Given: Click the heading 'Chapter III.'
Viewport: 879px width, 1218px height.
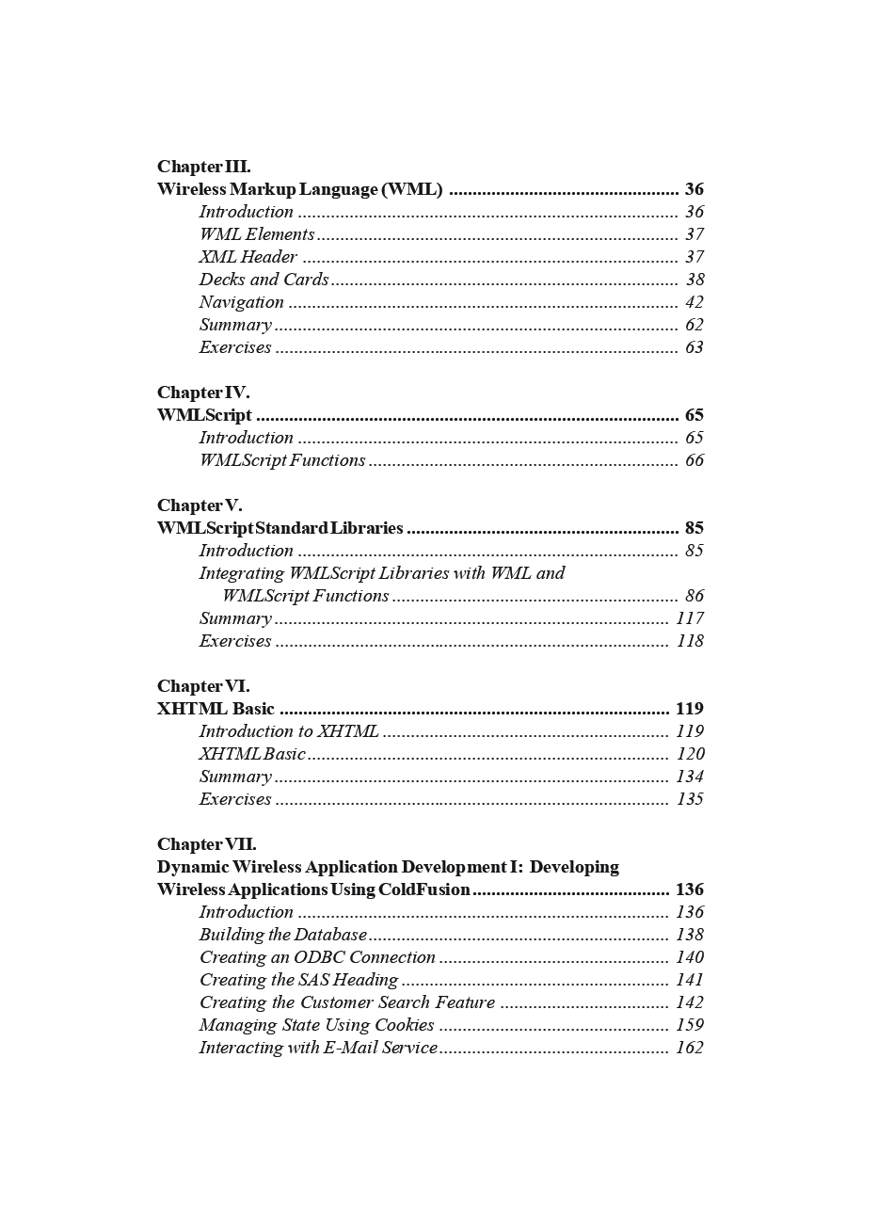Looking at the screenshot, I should [x=203, y=167].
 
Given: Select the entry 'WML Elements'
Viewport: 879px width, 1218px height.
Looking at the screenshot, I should [x=256, y=234].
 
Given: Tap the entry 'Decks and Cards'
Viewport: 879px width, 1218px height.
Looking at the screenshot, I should [x=264, y=280].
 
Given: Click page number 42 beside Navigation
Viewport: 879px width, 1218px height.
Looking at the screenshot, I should [x=695, y=302].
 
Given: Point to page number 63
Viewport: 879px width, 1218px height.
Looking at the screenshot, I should [x=695, y=347].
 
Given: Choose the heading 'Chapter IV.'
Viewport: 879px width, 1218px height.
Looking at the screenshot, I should [x=203, y=393].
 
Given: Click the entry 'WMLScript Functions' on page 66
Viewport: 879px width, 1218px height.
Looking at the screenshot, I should [x=281, y=460].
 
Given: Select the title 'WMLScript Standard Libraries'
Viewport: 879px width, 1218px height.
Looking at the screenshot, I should [x=280, y=528].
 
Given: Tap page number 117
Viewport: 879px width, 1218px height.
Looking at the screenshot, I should [x=690, y=618].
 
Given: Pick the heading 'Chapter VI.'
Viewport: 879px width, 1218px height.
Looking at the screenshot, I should [x=203, y=686].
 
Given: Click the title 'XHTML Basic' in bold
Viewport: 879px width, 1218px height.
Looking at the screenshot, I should [x=216, y=709].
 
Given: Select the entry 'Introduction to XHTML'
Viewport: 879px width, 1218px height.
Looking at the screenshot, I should [x=288, y=731].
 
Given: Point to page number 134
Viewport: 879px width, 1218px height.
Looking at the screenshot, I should [x=690, y=777].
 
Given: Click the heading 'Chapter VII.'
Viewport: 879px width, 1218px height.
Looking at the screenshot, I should [x=206, y=844].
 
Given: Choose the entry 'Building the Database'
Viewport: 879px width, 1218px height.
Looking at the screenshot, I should [x=282, y=935].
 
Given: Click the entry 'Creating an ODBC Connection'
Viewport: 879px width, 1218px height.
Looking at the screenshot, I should [x=317, y=957].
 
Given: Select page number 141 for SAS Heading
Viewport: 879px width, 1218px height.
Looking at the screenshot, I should [x=690, y=980].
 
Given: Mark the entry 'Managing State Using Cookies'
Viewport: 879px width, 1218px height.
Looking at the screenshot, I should [x=316, y=1025].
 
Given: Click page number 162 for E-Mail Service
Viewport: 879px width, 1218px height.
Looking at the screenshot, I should [x=690, y=1048].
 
